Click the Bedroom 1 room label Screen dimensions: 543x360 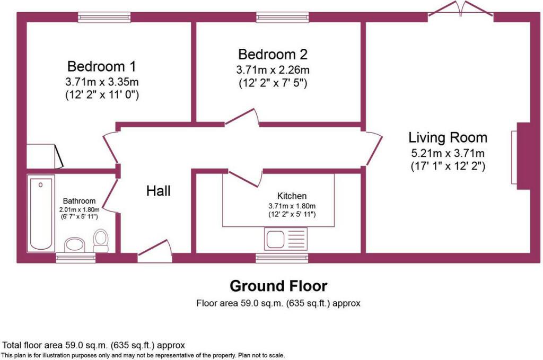[102, 66]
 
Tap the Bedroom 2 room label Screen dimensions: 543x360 [273, 55]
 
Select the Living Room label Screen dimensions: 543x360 [448, 137]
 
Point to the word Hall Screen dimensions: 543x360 [158, 191]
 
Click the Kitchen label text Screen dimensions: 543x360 [292, 196]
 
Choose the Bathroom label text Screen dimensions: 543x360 [80, 201]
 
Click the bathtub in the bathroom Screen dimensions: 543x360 [41, 213]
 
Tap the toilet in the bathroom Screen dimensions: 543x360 [101, 241]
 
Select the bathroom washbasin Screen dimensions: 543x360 [74, 245]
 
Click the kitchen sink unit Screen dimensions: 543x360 [286, 239]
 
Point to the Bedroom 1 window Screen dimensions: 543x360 [104, 17]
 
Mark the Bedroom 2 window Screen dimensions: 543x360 [282, 17]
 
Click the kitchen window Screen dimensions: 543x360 [282, 258]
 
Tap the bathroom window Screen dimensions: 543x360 [76, 258]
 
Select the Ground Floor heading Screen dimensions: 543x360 [278, 286]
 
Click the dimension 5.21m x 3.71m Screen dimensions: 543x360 [448, 153]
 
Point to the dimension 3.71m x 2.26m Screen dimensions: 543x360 [273, 70]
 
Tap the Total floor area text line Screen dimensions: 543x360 [93, 345]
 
